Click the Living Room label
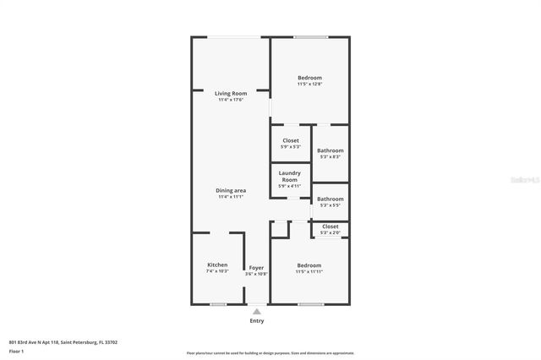[x=230, y=93]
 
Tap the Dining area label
[x=230, y=190]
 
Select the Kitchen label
[x=217, y=265]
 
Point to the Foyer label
[x=256, y=267]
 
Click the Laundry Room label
[x=289, y=176]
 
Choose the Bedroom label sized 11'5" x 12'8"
[x=309, y=78]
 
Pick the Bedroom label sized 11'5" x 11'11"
[x=309, y=265]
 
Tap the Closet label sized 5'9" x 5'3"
[x=290, y=140]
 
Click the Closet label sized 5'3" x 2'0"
[x=330, y=226]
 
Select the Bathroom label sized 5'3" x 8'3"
[x=330, y=150]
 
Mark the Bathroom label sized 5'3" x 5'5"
[x=330, y=199]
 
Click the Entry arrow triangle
[x=257, y=311]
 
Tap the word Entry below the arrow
[x=257, y=320]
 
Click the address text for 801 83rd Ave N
[x=63, y=342]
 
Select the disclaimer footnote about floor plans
[x=270, y=353]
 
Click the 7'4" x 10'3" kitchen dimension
[x=217, y=271]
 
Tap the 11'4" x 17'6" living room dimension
[x=230, y=100]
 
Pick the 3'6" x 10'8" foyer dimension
[x=256, y=274]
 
